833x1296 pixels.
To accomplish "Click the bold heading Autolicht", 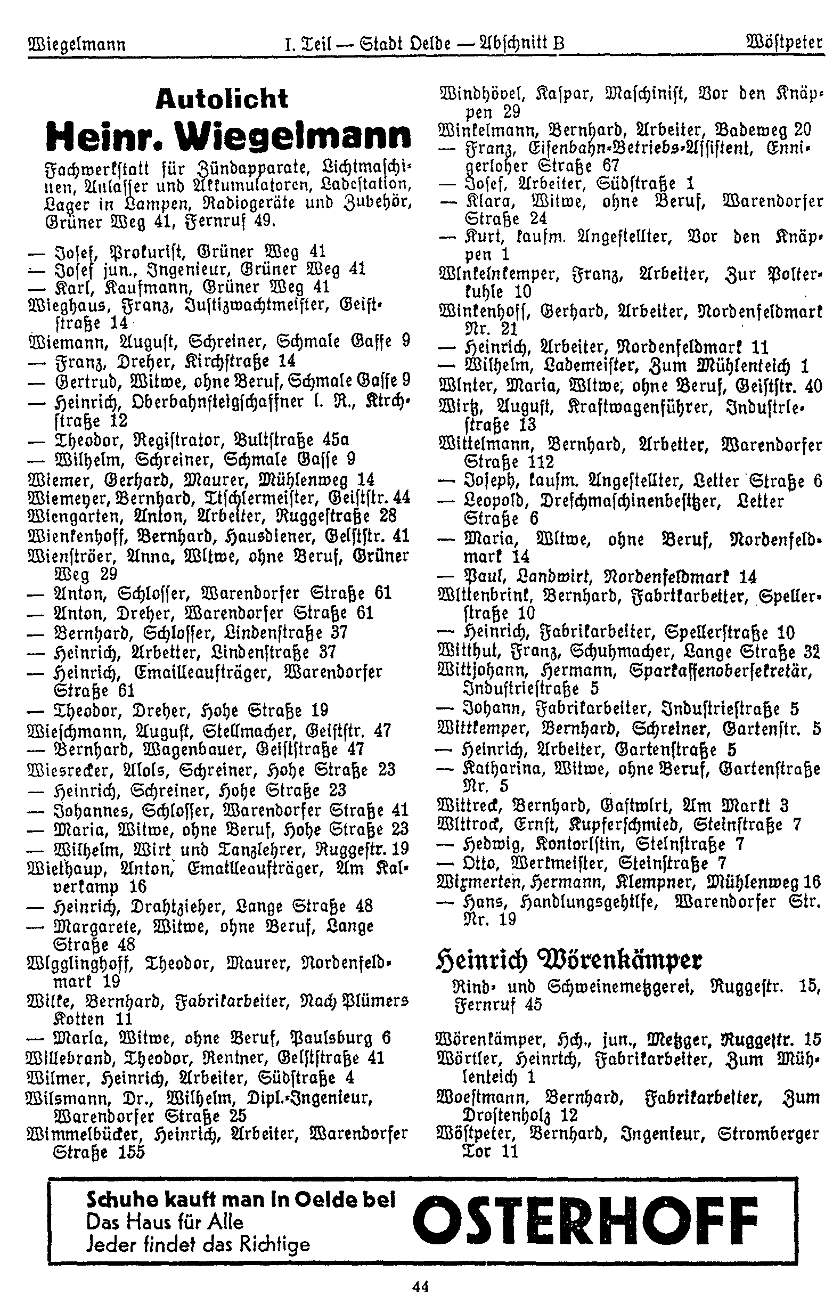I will coord(222,99).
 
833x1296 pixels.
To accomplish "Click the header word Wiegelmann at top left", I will coord(76,44).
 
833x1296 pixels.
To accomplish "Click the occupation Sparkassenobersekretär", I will coord(722,671).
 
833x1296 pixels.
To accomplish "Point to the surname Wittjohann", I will coord(485,671).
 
